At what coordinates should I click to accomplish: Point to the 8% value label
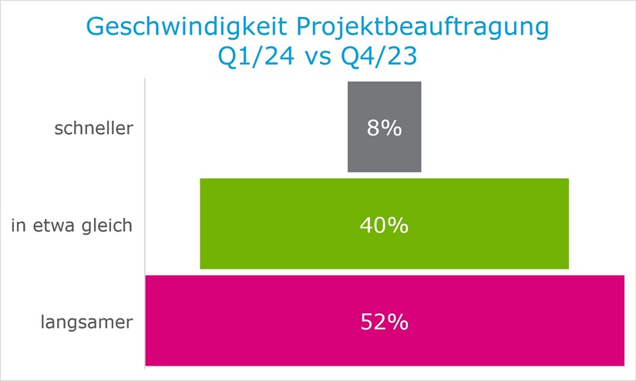[384, 128]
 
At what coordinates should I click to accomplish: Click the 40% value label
[384, 226]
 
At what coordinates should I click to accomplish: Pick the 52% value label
[384, 322]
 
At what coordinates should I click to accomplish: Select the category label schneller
[93, 129]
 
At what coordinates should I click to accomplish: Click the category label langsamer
[86, 322]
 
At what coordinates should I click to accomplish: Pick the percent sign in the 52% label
[397, 322]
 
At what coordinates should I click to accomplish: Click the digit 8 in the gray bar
[374, 128]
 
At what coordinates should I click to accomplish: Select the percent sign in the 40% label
[397, 226]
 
